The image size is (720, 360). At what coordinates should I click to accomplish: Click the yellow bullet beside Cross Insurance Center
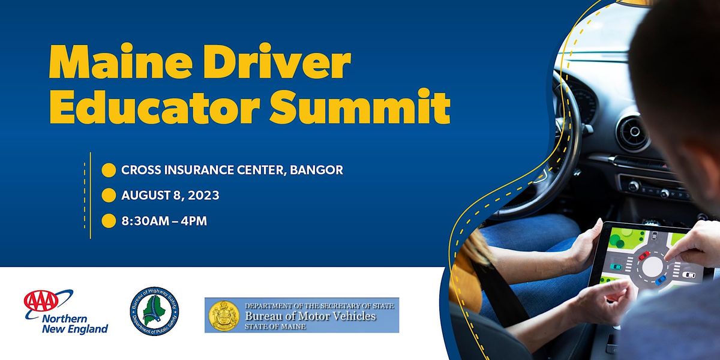109,170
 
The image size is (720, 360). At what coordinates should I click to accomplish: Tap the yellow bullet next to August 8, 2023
109,196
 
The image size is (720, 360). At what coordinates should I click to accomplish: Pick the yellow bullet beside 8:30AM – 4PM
109,221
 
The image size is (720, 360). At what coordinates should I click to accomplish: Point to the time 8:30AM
145,221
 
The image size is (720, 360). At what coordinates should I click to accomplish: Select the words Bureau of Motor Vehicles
310,316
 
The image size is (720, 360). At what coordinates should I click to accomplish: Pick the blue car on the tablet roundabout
660,280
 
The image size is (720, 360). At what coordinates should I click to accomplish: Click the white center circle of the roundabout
653,266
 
